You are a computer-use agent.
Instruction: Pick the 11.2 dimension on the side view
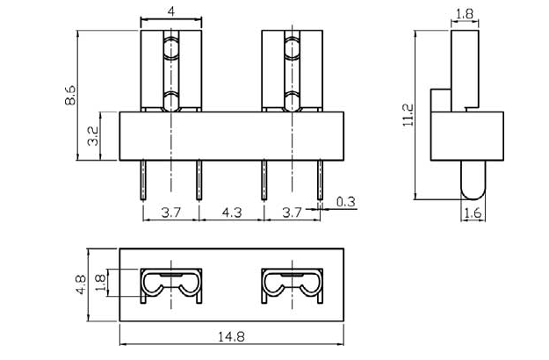pos(407,114)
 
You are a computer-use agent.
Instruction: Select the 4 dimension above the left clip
pos(171,11)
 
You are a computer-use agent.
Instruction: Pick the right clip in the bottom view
pos(292,285)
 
